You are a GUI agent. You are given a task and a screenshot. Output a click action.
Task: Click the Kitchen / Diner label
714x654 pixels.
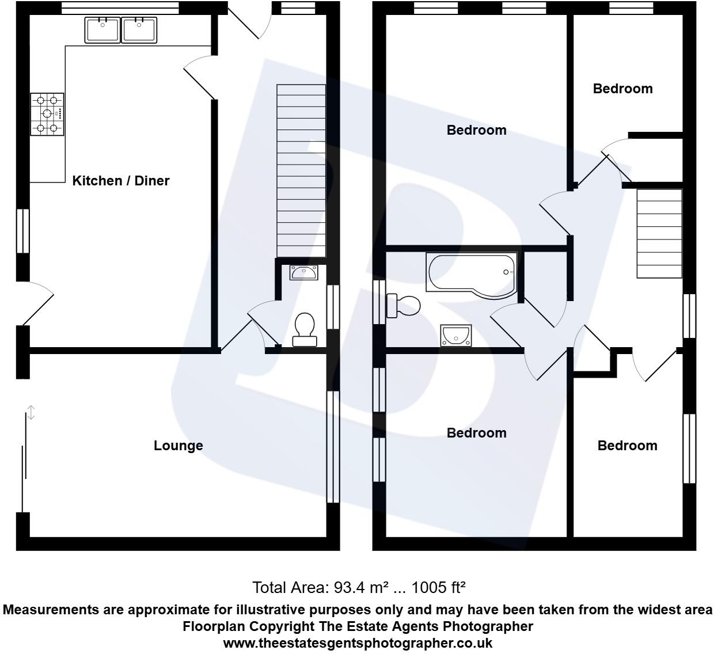point(120,181)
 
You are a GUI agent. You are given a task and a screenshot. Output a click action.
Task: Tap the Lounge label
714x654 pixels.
point(178,446)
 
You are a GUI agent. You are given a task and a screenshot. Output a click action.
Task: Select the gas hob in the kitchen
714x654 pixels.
point(47,114)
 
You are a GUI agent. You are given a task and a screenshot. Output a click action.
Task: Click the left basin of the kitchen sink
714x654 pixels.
point(102,30)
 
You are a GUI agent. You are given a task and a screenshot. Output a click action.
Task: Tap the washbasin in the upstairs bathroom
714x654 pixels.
point(456,335)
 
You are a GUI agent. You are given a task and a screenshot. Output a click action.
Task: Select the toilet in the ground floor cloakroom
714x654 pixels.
point(304,329)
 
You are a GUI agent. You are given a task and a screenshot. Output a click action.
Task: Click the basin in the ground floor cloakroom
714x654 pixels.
point(303,272)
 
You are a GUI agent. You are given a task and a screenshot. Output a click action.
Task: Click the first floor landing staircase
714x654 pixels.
point(659,233)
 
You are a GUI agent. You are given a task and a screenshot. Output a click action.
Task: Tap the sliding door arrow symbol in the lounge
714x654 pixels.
point(31,412)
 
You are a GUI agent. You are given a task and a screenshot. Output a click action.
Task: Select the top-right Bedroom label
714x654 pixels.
point(622,89)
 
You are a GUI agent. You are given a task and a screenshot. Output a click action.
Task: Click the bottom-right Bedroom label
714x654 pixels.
point(627,446)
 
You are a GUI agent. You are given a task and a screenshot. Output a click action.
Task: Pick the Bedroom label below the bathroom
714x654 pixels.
point(476,433)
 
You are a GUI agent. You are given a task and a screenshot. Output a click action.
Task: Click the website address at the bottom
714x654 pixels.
point(357,642)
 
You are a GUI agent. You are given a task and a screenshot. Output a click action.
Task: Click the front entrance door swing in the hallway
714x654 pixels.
point(250,23)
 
